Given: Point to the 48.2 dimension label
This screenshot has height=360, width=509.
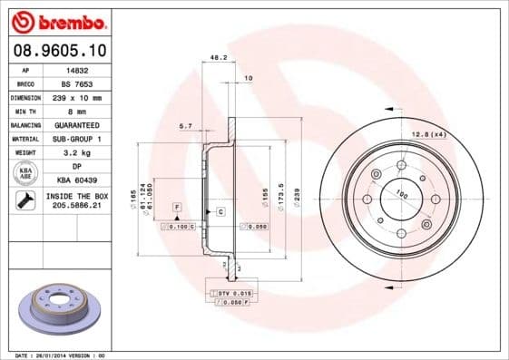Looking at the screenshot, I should pyautogui.click(x=218, y=57).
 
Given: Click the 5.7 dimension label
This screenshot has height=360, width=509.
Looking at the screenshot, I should pyautogui.click(x=185, y=125).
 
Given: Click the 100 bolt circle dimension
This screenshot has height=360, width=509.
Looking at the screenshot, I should pyautogui.click(x=400, y=192).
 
